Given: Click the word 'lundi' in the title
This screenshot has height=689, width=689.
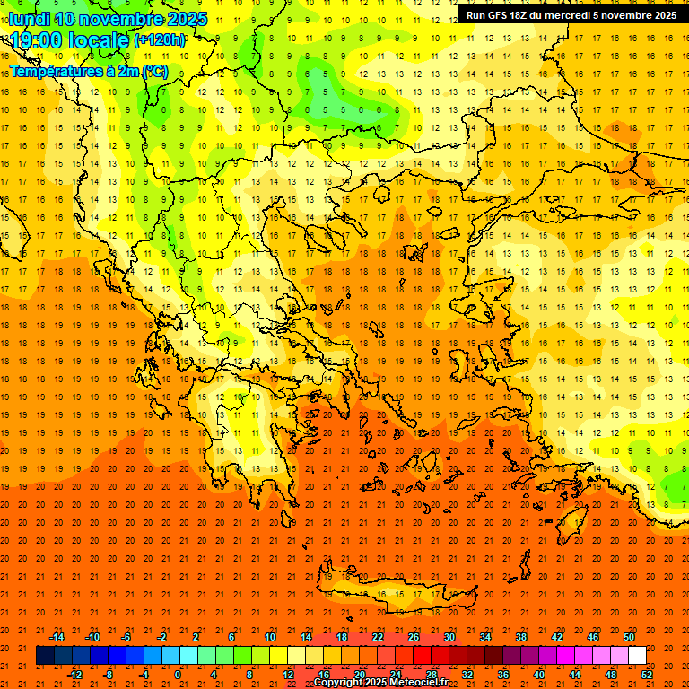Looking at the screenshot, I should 29,19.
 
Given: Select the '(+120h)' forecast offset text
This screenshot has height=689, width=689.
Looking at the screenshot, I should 160,40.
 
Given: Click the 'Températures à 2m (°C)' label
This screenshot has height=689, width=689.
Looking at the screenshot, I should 88,71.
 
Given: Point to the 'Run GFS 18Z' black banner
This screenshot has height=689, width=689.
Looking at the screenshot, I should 571,15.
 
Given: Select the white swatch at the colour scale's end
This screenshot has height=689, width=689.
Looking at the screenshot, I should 637,656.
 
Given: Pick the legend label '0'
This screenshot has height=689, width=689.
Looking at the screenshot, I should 178,675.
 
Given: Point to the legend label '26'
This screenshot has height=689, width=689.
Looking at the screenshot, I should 414,637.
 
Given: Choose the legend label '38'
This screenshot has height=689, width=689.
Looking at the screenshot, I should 521,637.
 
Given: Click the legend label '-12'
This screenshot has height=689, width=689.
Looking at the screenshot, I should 74,675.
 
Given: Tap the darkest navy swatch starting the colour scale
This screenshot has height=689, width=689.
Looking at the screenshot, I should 45,656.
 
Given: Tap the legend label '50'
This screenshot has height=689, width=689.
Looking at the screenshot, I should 629,637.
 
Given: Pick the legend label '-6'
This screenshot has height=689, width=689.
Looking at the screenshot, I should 126,637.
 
